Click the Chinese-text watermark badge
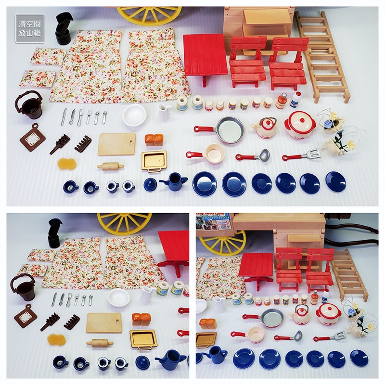(x=29, y=28)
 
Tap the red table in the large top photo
(x=205, y=54)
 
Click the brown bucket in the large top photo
(x=29, y=106)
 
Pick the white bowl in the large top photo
(x=134, y=115)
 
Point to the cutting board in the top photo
(x=116, y=144)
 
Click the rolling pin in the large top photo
(x=110, y=167)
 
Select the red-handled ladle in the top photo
(x=254, y=155)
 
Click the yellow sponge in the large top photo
(x=67, y=164)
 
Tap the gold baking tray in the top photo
(x=154, y=160)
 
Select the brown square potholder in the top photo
(x=32, y=138)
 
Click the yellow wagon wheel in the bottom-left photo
(x=124, y=223)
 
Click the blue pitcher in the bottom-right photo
(x=214, y=355)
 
